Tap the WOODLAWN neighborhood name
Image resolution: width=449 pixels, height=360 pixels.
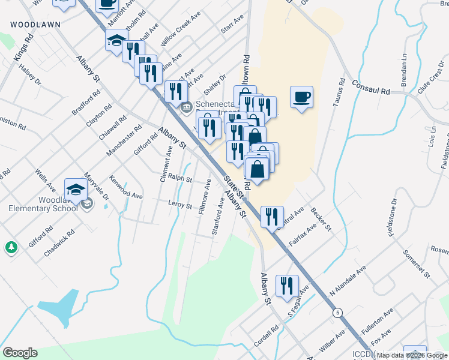34,25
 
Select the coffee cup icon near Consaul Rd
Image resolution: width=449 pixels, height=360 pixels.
301,97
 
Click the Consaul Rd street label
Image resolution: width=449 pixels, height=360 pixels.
371,88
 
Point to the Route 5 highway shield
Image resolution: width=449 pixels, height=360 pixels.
339,313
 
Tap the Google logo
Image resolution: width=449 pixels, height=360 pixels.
20,353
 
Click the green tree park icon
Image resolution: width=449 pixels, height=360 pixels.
11,247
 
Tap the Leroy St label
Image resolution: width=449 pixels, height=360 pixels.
179,206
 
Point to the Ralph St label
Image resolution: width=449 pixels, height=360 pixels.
179,178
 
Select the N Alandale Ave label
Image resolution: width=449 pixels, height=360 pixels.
348,281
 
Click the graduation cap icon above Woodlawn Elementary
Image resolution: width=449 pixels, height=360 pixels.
76,190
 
